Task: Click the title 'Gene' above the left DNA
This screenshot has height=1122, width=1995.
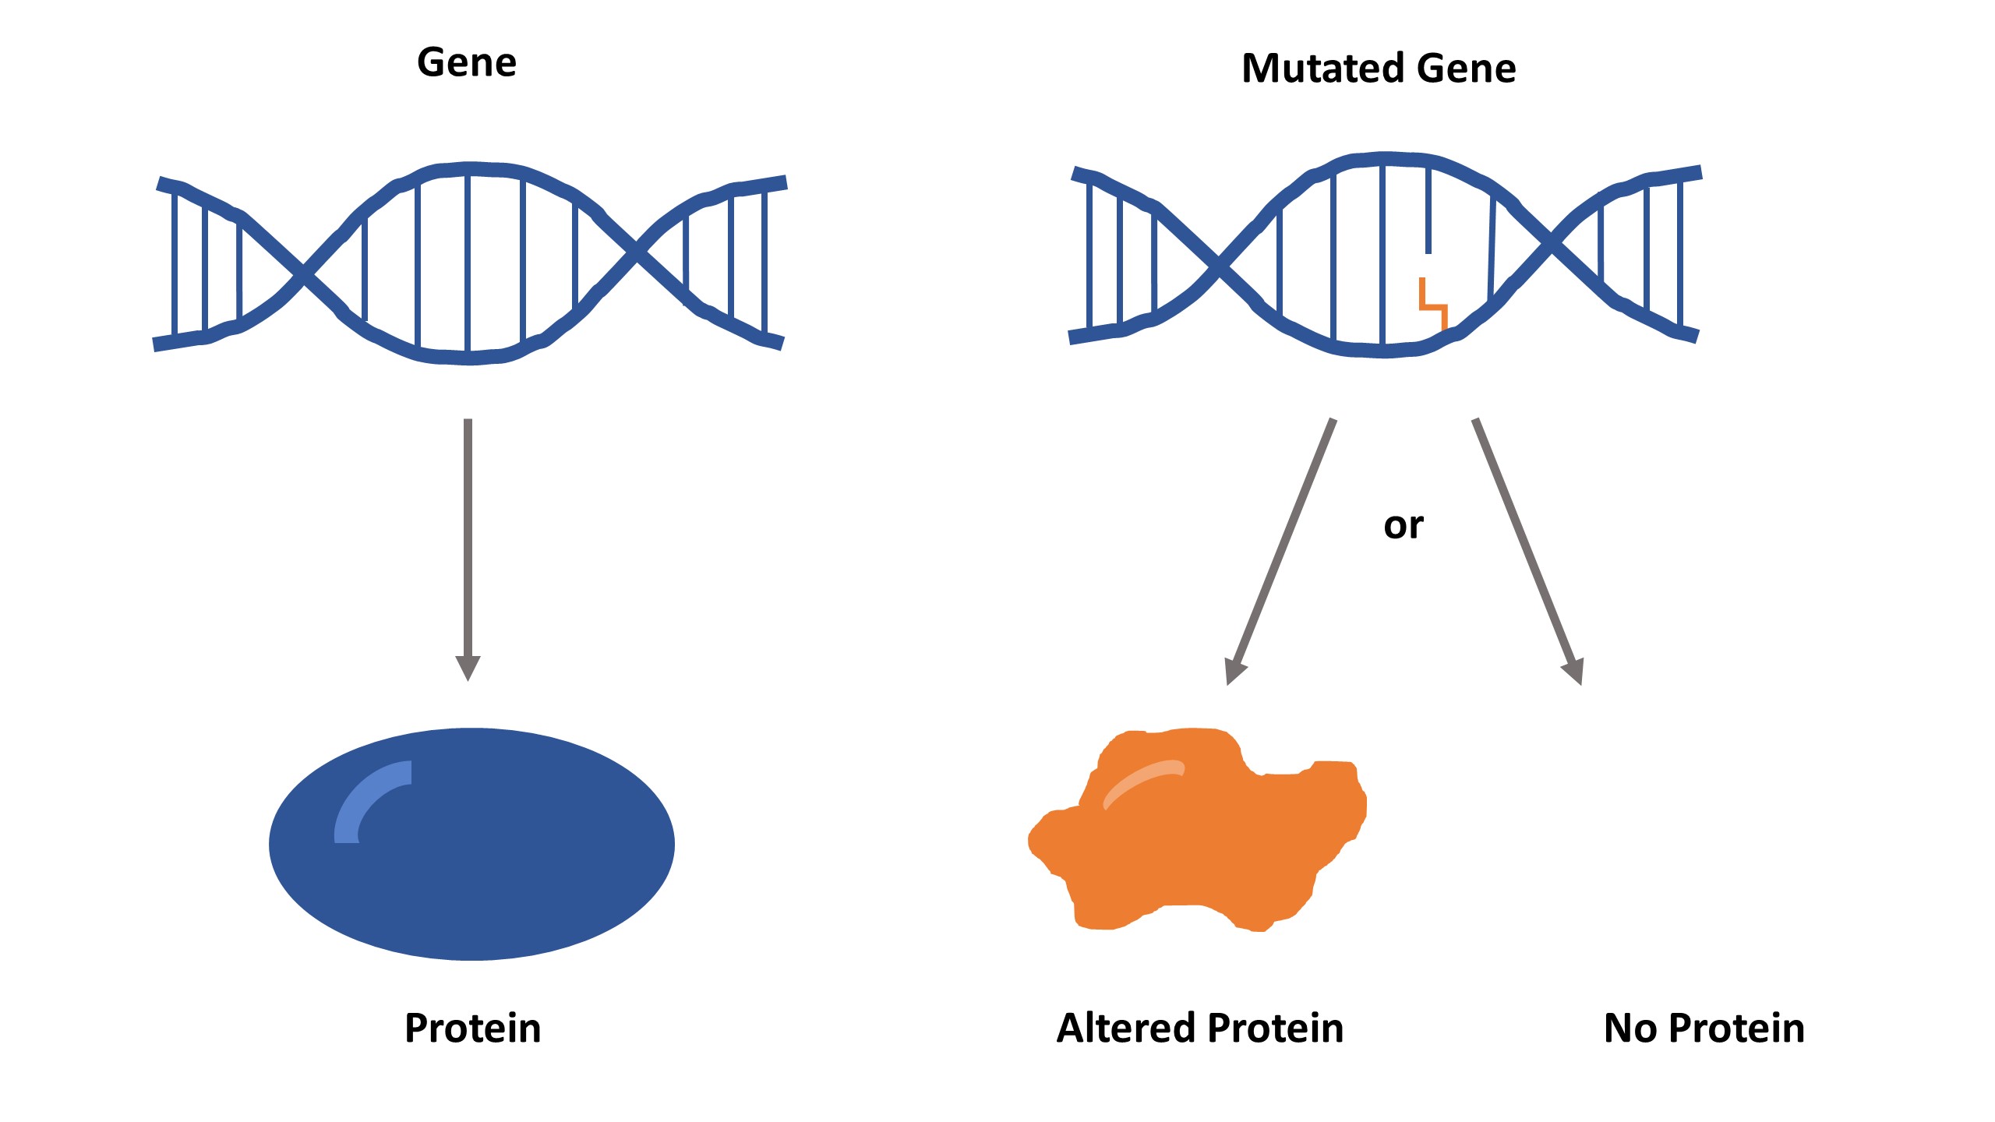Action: pyautogui.click(x=466, y=62)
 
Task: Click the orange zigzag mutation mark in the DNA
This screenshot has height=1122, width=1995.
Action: pyautogui.click(x=1433, y=305)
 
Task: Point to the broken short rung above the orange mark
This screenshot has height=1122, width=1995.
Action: pyautogui.click(x=1428, y=210)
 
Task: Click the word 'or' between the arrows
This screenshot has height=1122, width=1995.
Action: pyautogui.click(x=1403, y=526)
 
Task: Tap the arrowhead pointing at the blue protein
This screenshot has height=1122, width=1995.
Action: pyautogui.click(x=468, y=668)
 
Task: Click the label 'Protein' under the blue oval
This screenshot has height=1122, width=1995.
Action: pyautogui.click(x=472, y=1028)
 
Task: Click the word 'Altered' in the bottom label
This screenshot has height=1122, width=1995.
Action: pyautogui.click(x=1123, y=1028)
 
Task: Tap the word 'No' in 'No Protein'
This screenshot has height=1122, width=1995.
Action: pyautogui.click(x=1630, y=1028)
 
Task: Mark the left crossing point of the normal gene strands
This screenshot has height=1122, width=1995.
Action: pyautogui.click(x=305, y=273)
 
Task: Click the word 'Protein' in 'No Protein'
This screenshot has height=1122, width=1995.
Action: pyautogui.click(x=1737, y=1028)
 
